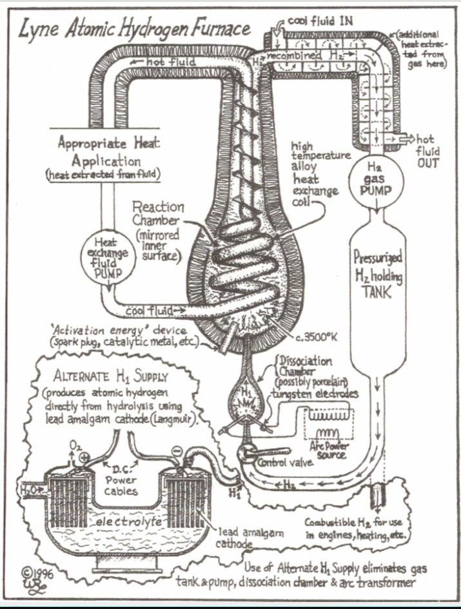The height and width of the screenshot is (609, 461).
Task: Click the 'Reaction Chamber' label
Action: [x=158, y=215]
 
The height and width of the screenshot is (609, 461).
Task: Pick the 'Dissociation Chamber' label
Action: [x=306, y=367]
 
